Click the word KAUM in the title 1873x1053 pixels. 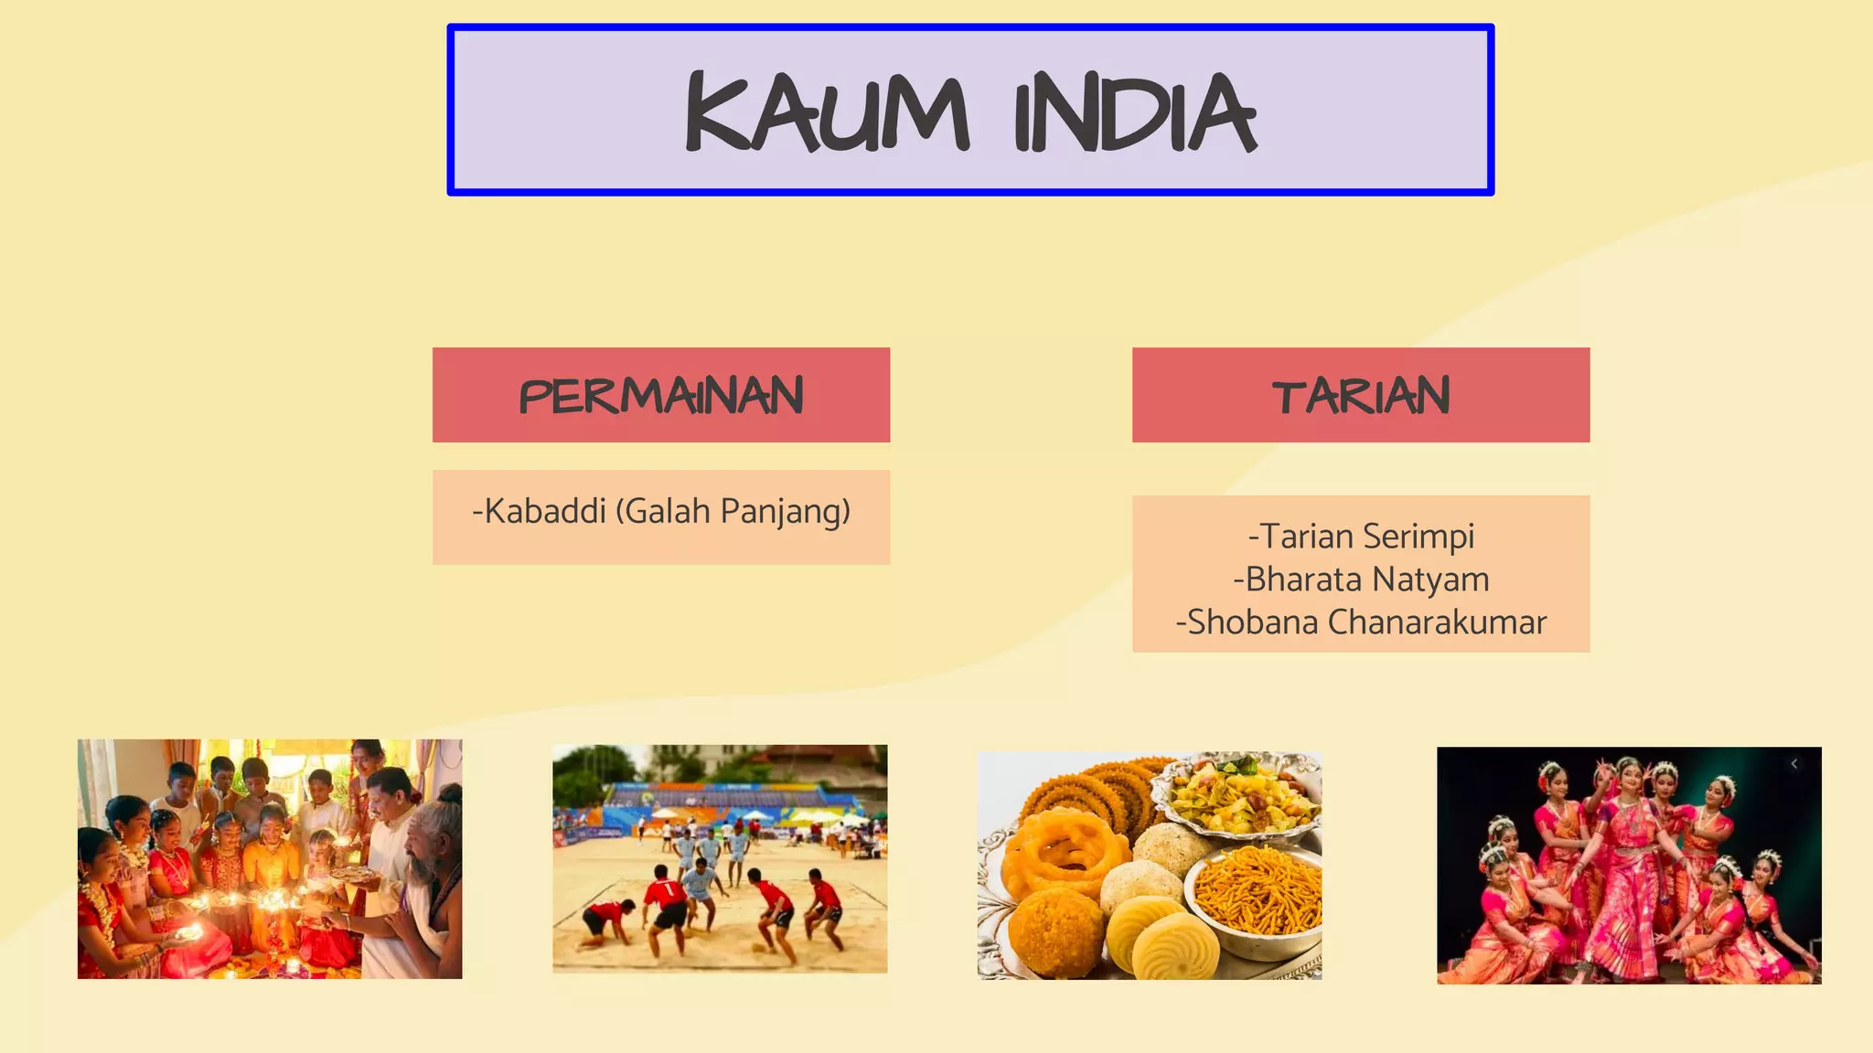[826, 112]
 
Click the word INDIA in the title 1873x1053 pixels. [1135, 114]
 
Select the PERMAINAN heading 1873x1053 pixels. [661, 396]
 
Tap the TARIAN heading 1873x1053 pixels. [1361, 396]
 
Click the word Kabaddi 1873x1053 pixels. [545, 511]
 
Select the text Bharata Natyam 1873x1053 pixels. [1361, 580]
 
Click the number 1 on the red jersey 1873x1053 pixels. [669, 888]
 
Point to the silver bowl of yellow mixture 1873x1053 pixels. [1236, 795]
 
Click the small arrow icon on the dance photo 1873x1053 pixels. [1794, 764]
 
